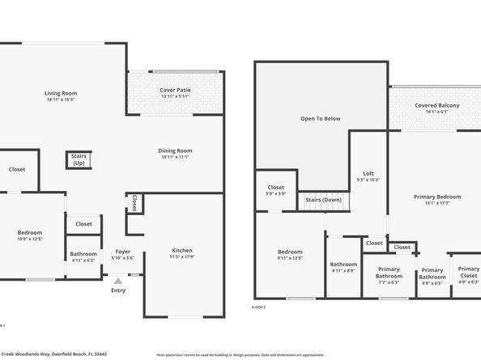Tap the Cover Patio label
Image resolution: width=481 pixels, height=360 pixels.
174,92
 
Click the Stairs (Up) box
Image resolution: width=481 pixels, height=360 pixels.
79,159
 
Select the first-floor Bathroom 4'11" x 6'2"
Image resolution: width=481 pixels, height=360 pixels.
83,257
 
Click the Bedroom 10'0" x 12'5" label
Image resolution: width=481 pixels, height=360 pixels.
29,235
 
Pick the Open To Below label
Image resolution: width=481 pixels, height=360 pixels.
320,118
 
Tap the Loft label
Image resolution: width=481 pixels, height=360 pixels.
368,176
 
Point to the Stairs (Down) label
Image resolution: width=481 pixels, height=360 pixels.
323,199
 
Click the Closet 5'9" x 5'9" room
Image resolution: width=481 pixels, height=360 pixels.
275,192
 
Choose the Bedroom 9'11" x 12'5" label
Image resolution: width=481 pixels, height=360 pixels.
289,255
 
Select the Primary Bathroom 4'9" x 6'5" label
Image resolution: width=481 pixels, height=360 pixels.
432,276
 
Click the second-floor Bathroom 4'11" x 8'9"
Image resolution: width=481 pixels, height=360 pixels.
343,267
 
